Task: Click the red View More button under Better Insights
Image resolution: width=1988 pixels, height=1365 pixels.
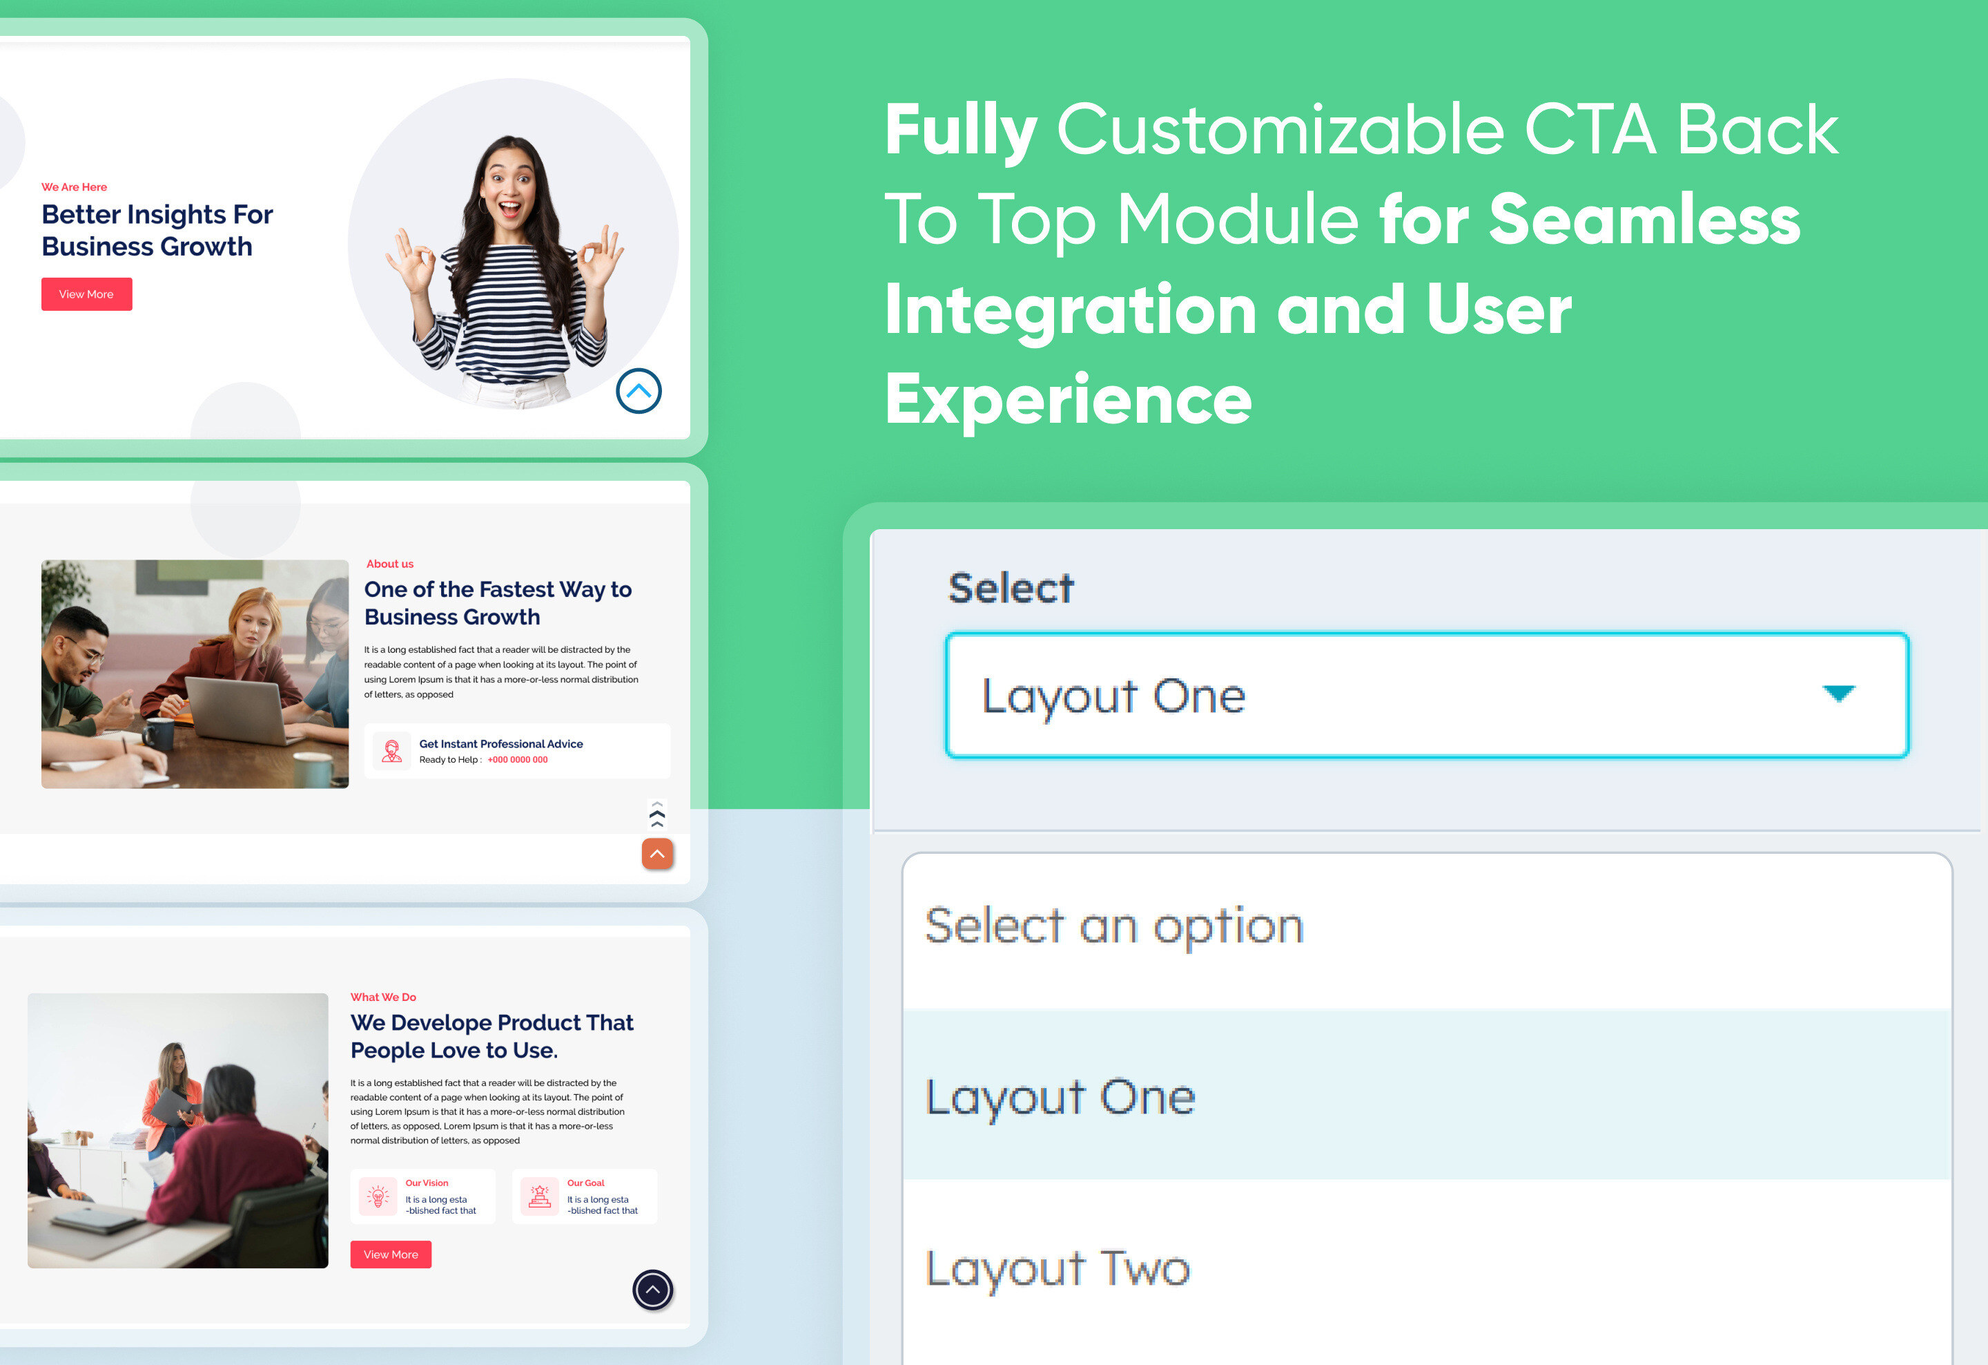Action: tap(86, 294)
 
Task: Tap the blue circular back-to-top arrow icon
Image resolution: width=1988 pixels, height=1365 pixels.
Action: tap(638, 391)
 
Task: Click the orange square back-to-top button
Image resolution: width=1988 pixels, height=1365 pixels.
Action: tap(657, 854)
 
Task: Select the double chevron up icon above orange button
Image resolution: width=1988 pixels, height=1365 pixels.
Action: tap(657, 814)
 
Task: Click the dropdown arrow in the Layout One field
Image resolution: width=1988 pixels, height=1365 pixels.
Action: tap(1838, 693)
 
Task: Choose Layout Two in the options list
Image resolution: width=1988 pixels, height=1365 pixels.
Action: tap(1058, 1268)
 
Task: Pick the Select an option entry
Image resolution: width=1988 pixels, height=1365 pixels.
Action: tap(1113, 926)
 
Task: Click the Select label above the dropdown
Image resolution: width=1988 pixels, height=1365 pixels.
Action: tap(1011, 589)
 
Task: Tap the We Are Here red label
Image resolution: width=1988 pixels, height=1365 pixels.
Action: tap(75, 187)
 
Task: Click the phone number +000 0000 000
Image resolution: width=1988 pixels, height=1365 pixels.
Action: tap(518, 760)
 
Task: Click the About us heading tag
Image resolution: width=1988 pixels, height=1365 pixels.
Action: tap(389, 564)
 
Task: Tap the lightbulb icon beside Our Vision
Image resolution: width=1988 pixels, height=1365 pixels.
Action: tap(378, 1196)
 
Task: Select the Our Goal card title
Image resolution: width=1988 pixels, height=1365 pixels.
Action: tap(585, 1183)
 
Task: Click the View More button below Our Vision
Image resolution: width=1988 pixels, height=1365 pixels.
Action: tap(391, 1254)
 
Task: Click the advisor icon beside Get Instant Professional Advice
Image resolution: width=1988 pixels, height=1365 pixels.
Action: tap(392, 752)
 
